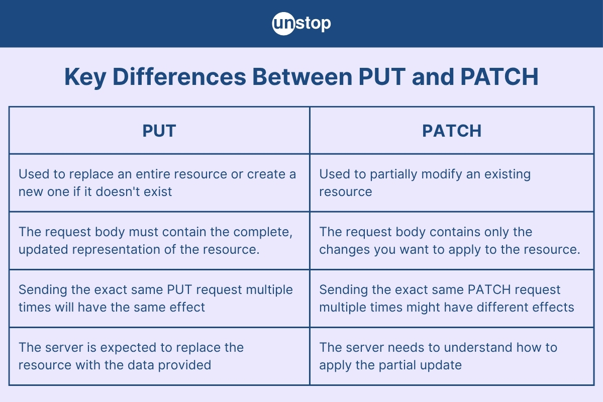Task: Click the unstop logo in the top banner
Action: (301, 24)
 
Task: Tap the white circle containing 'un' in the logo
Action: (283, 24)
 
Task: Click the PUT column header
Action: (159, 131)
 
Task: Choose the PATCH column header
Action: (452, 131)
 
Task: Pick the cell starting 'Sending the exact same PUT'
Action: (159, 298)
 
